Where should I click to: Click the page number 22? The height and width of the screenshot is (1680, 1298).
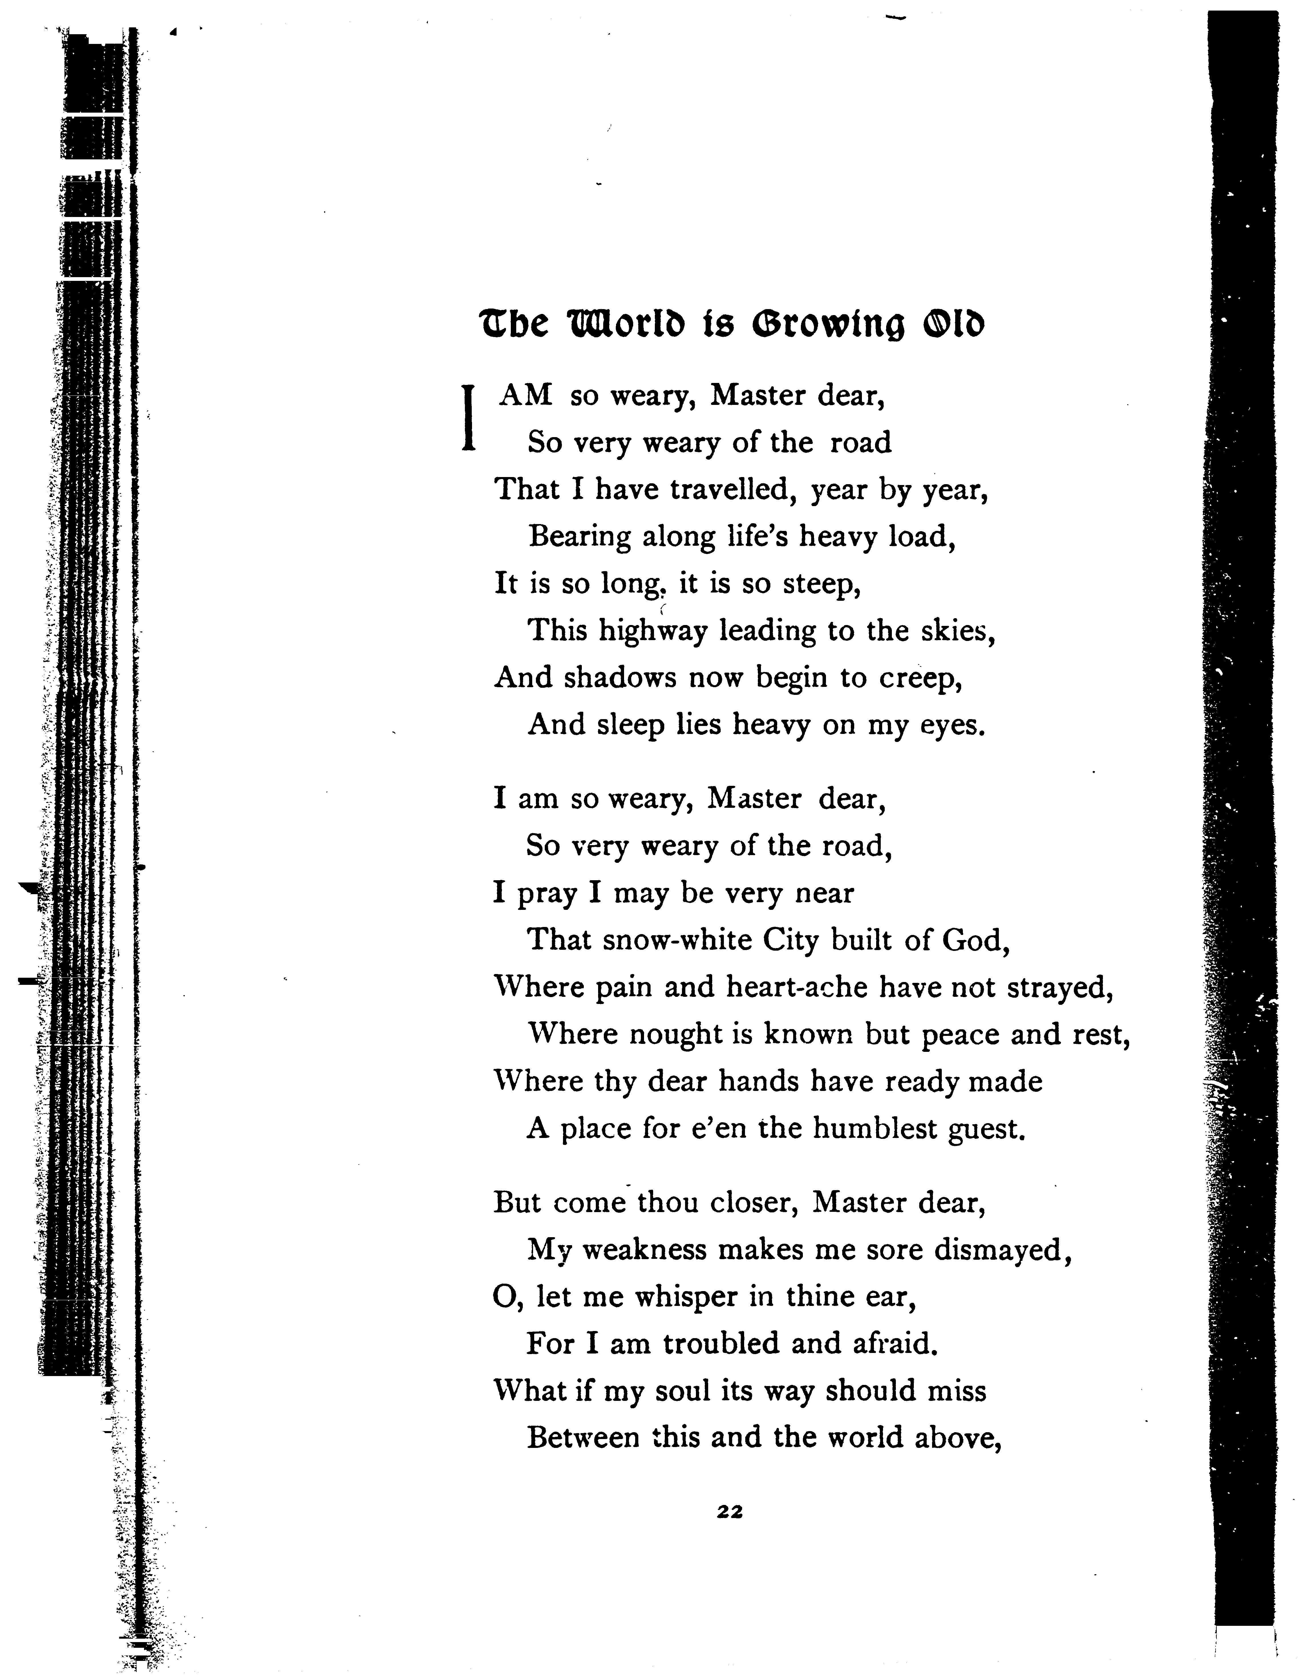point(729,1511)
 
